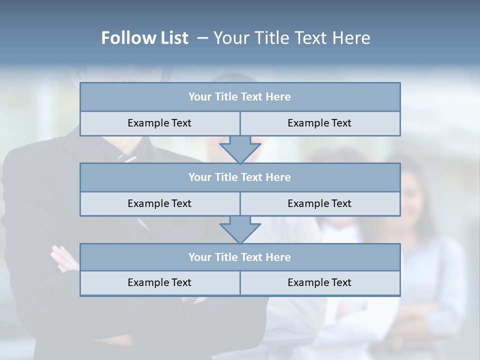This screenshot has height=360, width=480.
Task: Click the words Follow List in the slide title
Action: click(x=144, y=38)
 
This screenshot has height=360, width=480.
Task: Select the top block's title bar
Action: click(x=240, y=97)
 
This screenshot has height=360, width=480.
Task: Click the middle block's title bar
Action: click(x=240, y=177)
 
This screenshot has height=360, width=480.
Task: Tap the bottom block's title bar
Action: click(x=240, y=257)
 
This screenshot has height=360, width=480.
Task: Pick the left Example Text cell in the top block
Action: click(x=159, y=123)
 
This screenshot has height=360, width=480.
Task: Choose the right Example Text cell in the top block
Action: click(x=319, y=123)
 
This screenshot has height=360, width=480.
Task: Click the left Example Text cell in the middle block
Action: click(x=159, y=203)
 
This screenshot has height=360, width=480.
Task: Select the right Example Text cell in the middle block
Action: click(x=319, y=203)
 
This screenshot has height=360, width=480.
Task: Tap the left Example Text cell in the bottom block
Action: click(x=159, y=283)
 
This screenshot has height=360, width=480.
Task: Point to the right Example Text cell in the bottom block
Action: click(x=319, y=283)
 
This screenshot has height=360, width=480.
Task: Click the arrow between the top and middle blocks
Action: click(x=240, y=149)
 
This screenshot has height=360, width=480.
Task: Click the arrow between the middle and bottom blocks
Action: click(x=240, y=229)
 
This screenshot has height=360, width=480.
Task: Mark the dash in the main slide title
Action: click(x=203, y=38)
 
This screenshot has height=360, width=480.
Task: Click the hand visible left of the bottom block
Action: click(x=64, y=257)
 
